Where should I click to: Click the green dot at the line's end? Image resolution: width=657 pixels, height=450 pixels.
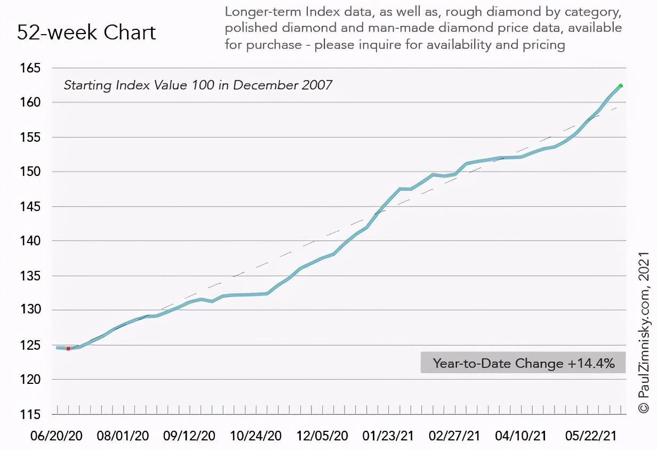621,86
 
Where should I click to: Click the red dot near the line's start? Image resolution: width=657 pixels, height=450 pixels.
68,349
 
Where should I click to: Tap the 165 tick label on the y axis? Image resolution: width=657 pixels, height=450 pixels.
30,68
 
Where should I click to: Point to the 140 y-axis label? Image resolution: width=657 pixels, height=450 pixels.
30,241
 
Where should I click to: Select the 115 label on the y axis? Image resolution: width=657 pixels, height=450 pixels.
30,414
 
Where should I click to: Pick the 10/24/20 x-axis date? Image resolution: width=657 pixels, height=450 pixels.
255,436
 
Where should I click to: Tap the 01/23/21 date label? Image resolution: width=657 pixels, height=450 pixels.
388,436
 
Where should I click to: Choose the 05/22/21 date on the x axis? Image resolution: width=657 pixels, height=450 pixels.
591,436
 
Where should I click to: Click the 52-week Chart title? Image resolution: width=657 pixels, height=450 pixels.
86,33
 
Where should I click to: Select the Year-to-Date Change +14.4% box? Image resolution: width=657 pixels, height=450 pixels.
523,363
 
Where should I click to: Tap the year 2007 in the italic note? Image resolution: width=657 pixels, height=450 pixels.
315,85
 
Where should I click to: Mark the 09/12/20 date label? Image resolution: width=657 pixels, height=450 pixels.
189,436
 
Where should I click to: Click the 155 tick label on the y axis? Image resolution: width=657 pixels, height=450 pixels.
30,137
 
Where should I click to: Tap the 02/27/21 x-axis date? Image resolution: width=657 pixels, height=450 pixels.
454,436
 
